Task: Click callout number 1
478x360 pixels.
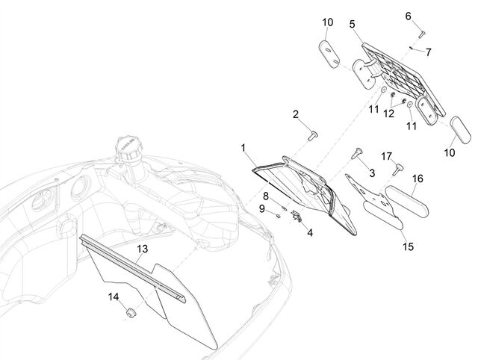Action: [x=243, y=148]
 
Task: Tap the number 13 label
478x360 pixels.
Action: [x=143, y=249]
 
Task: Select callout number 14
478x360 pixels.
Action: [x=114, y=297]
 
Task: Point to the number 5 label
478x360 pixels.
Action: [x=353, y=25]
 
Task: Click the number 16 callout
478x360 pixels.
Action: [x=418, y=179]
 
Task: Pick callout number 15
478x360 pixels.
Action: [x=409, y=246]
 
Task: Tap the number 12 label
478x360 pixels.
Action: [x=388, y=114]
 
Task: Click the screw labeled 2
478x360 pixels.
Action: [x=312, y=136]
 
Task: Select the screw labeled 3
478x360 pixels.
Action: [x=356, y=153]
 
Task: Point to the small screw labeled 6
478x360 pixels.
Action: [x=421, y=34]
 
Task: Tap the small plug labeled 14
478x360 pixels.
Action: [x=131, y=312]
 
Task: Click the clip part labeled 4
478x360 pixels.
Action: [x=297, y=216]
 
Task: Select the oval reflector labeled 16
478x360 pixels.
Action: [x=407, y=201]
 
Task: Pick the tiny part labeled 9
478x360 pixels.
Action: [x=278, y=216]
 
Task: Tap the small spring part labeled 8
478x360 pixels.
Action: [x=285, y=208]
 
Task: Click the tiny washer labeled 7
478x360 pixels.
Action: [x=412, y=48]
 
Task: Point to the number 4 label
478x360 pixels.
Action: [x=310, y=233]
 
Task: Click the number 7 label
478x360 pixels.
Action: [x=429, y=52]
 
